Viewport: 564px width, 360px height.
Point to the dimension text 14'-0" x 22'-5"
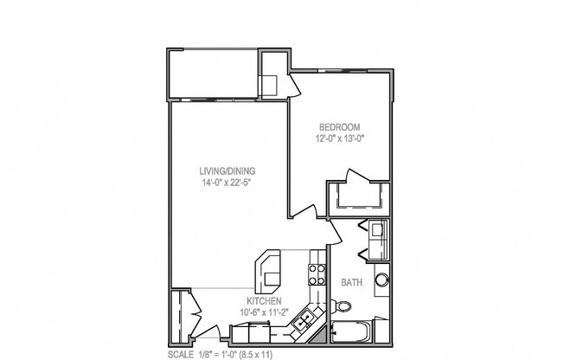(x=221, y=183)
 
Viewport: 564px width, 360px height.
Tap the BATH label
(x=352, y=282)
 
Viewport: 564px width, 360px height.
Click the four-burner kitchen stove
(x=316, y=273)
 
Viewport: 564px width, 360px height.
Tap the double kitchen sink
(x=304, y=324)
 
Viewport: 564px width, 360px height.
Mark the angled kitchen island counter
(x=270, y=269)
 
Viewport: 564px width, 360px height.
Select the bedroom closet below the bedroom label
(x=357, y=197)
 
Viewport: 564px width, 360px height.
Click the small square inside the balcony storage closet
(x=270, y=84)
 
